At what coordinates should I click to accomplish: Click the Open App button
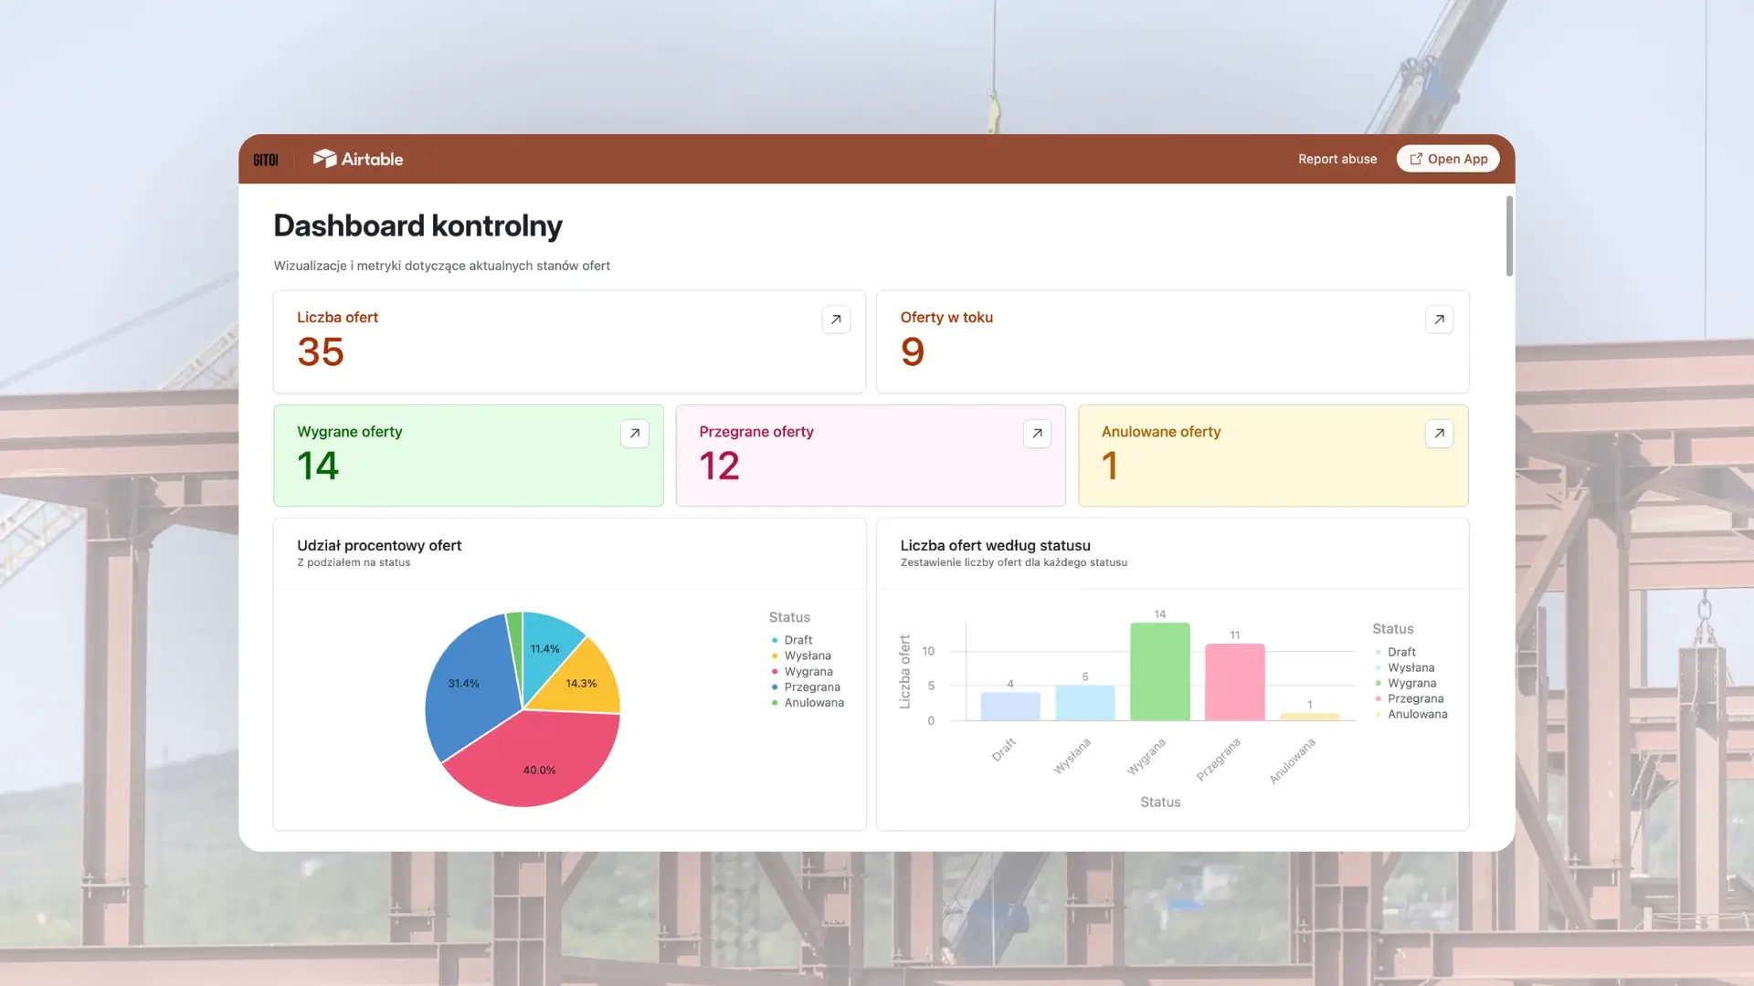pos(1448,159)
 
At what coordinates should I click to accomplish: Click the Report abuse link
pos(1337,159)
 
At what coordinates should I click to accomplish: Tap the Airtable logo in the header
pos(358,159)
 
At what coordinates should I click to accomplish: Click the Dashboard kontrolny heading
pos(417,226)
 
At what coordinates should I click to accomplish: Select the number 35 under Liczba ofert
pos(321,352)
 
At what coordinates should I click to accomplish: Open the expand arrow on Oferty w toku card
pos(1439,320)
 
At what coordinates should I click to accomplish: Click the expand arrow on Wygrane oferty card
pos(635,434)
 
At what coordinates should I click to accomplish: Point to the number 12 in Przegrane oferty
pos(719,467)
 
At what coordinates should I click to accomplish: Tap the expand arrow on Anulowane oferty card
pos(1439,434)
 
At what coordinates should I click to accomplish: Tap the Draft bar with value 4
pos(1009,706)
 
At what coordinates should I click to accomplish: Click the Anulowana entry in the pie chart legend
pos(813,703)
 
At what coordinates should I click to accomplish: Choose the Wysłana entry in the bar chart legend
pos(1411,667)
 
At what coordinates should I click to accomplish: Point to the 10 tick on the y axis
pos(928,651)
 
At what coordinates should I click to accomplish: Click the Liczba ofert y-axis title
pos(904,672)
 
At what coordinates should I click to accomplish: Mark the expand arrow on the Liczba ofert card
pos(836,320)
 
